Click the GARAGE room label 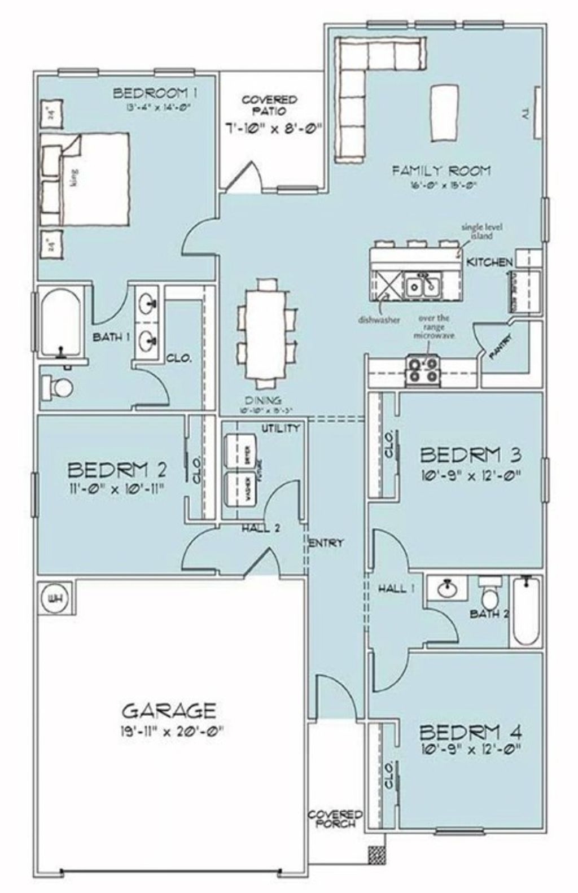[169, 710]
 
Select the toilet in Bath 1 [57, 387]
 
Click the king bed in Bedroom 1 [85, 179]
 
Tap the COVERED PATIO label [269, 106]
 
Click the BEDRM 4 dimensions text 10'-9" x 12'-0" [470, 750]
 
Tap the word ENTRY [326, 543]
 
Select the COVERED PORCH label [335, 818]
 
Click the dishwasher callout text [379, 320]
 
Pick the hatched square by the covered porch [376, 855]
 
